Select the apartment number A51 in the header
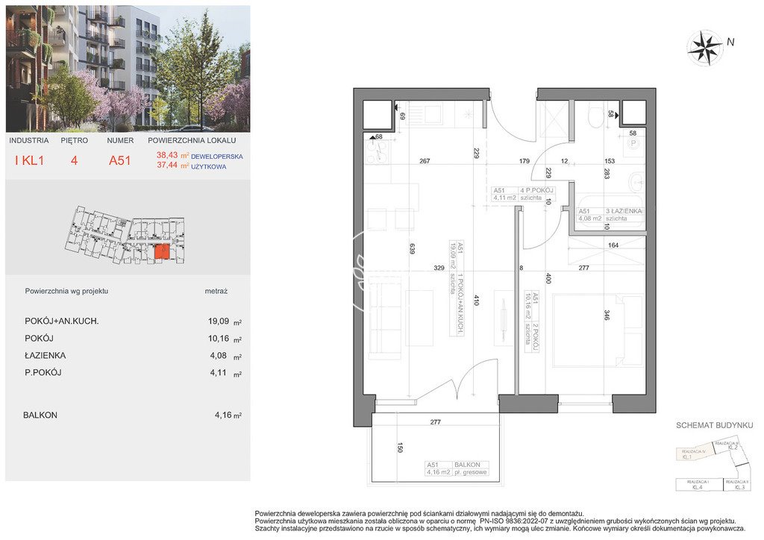click(x=119, y=160)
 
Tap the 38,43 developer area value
click(x=168, y=156)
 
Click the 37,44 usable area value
click(x=168, y=166)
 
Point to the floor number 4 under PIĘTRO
click(x=75, y=160)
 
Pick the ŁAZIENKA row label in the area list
click(x=44, y=356)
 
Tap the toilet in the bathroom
click(x=595, y=119)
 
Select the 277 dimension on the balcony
click(x=436, y=422)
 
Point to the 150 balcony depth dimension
click(x=400, y=448)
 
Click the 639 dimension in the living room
click(x=411, y=250)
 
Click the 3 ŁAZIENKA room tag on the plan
click(x=610, y=216)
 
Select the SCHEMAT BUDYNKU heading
click(x=713, y=424)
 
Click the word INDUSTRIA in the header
click(x=29, y=140)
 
